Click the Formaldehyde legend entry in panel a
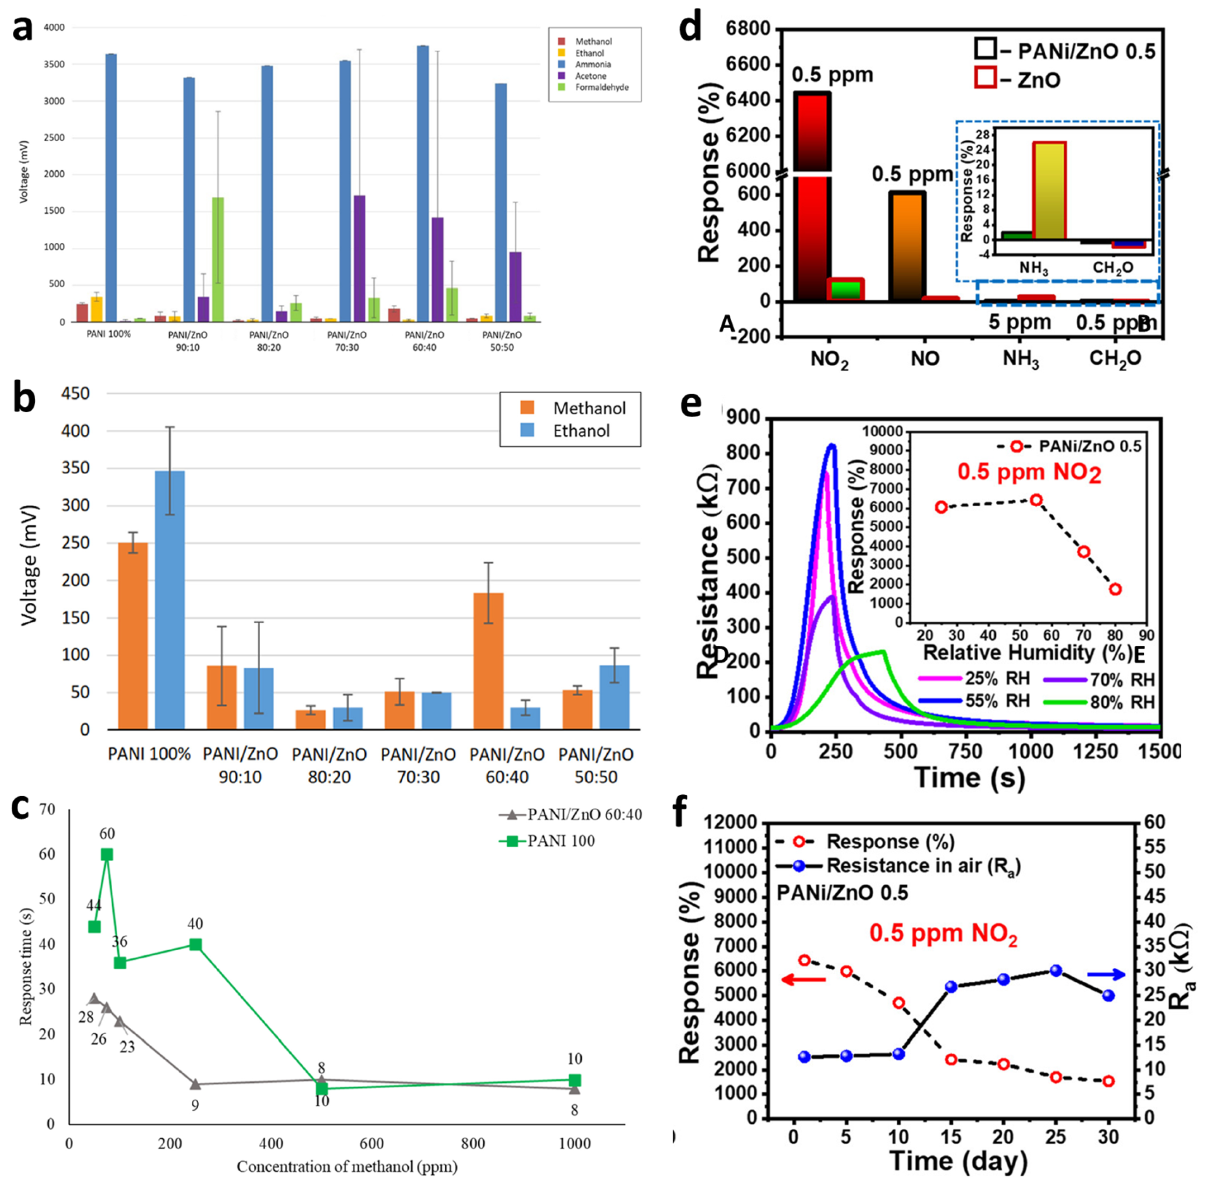pyautogui.click(x=601, y=87)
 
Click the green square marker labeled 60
pyautogui.click(x=107, y=855)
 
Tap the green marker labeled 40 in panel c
pyautogui.click(x=196, y=945)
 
